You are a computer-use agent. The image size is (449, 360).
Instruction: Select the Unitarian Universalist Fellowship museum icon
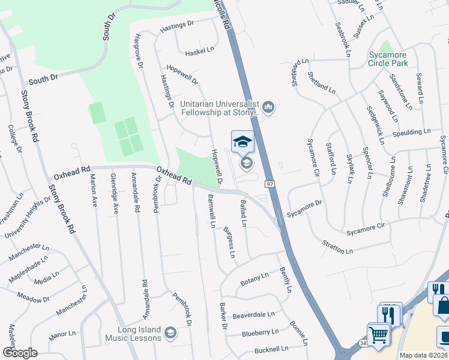268,108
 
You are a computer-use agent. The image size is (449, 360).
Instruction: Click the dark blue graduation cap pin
243,142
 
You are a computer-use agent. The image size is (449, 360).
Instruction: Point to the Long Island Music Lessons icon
170,333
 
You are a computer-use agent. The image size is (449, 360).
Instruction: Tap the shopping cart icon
378,335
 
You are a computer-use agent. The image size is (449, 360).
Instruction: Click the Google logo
20,352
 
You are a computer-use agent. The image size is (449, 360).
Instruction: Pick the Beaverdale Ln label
253,314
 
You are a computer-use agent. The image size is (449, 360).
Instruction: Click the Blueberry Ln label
260,332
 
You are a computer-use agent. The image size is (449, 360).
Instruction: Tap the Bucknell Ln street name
271,348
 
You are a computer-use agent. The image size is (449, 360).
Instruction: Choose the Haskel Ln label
199,51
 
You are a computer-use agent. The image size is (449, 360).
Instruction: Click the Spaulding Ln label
411,132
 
